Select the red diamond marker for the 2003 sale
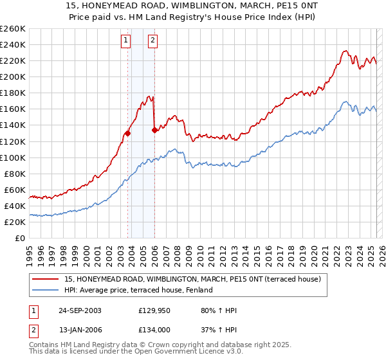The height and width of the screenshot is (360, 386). [128, 133]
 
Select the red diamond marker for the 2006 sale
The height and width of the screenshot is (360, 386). [154, 130]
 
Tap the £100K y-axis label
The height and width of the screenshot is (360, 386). [13, 157]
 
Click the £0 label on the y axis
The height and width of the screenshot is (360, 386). [19, 238]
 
